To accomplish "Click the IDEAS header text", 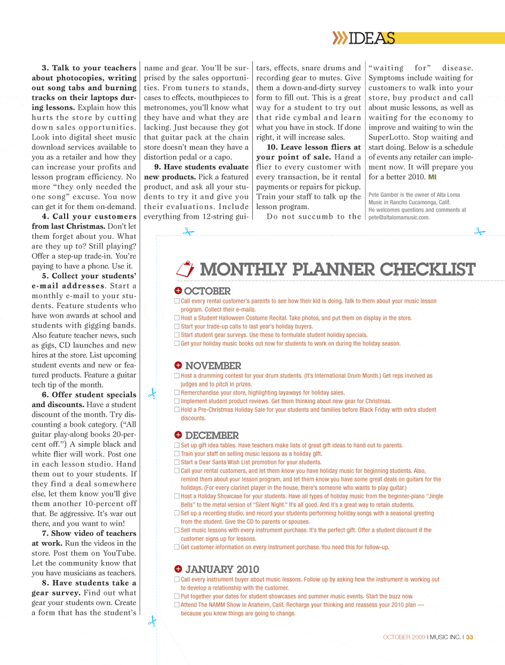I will click(x=372, y=38).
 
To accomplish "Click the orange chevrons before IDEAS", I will click(x=340, y=38).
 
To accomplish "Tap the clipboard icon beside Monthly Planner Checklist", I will click(x=185, y=269).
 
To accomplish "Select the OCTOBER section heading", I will click(x=207, y=291).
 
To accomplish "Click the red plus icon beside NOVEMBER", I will click(x=178, y=365).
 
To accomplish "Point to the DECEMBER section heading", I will click(x=212, y=435).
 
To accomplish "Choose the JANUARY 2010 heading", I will click(x=222, y=570).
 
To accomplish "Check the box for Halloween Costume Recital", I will click(x=177, y=318).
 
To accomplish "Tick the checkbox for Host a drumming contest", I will click(x=177, y=375).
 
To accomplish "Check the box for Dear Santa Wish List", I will click(x=177, y=462).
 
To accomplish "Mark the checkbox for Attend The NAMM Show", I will click(x=177, y=604).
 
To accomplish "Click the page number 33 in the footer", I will click(x=470, y=637).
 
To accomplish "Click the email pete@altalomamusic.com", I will click(x=399, y=217).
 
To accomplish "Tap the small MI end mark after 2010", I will click(x=432, y=177).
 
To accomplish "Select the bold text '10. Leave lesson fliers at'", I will click(x=314, y=147).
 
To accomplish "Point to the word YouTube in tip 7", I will click(x=119, y=553).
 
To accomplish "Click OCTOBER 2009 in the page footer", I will click(x=404, y=637).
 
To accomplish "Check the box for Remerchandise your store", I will click(x=177, y=393).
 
